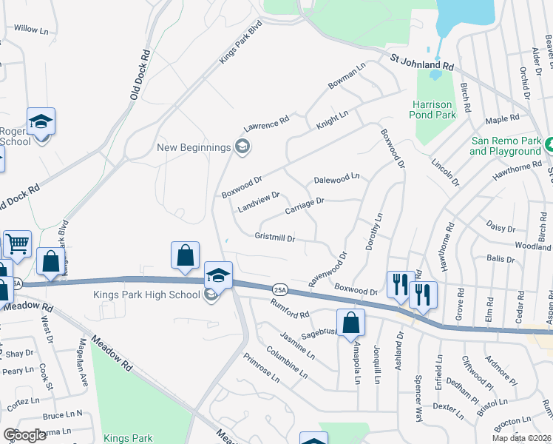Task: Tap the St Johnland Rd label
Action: coord(418,62)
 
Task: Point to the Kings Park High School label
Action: coord(146,295)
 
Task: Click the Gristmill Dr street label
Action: coord(275,239)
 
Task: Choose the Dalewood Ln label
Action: coord(336,178)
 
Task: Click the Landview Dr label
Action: coord(258,202)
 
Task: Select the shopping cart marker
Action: coord(17,243)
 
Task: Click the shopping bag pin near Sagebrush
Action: coord(353,323)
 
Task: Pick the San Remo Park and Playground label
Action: coord(506,146)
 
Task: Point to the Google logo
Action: coord(24,435)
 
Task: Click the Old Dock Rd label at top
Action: coord(140,75)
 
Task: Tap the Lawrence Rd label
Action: coord(265,123)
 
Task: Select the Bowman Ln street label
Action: coord(347,77)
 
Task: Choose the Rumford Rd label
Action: coord(289,310)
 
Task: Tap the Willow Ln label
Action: coord(30,29)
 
